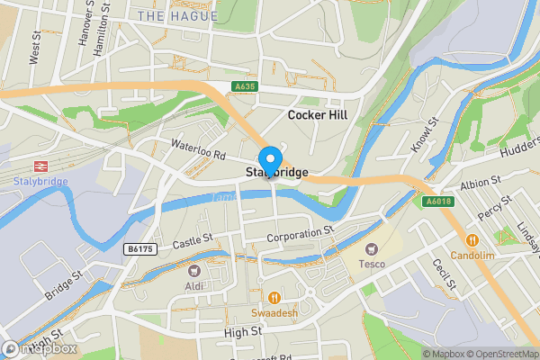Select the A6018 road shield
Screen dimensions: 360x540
436,202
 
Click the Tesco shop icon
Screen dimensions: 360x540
370,248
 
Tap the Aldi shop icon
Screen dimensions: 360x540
194,269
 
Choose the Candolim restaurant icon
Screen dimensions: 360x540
471,240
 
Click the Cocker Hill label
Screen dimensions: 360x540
323,115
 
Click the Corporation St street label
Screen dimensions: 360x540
301,233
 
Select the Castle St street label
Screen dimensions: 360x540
192,240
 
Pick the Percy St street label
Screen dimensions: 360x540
495,215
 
